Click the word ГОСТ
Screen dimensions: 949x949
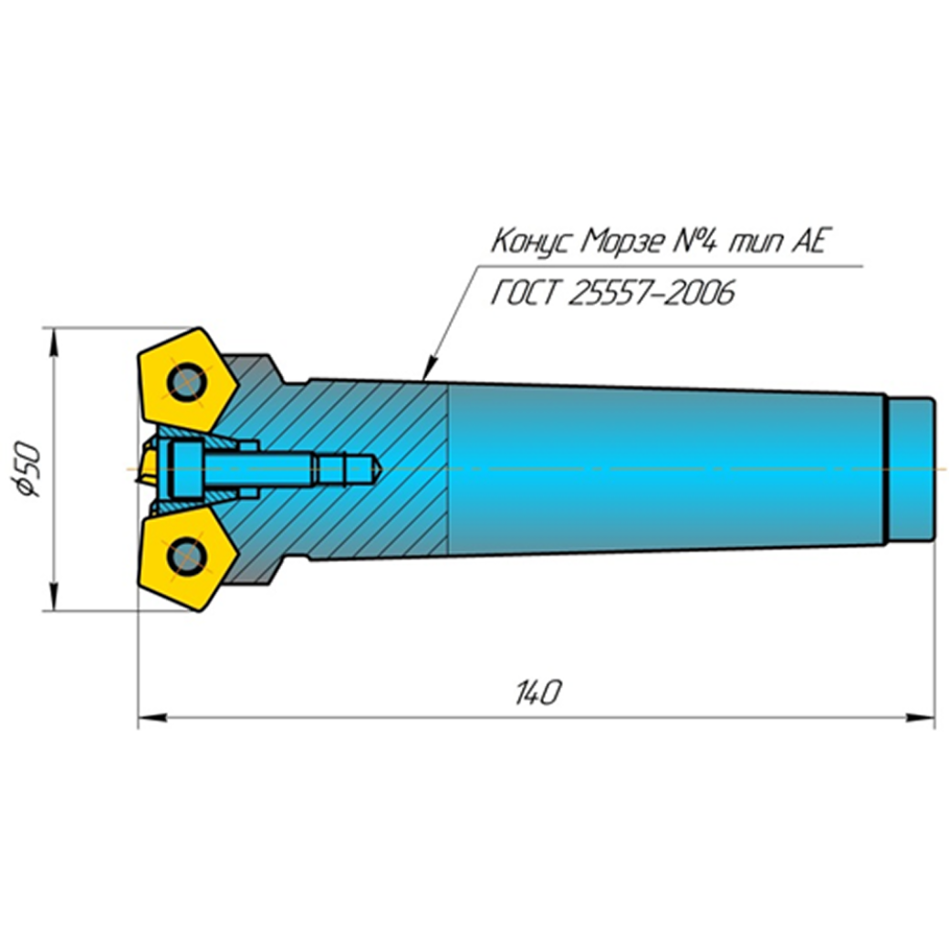(x=524, y=294)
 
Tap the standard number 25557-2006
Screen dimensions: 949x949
(x=650, y=294)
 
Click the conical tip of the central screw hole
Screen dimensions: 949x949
(x=374, y=469)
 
